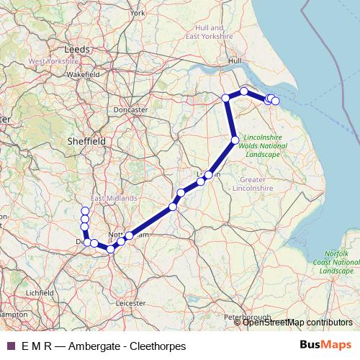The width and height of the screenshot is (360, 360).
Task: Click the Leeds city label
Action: tap(76, 49)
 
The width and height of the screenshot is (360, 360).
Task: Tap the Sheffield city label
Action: tap(86, 141)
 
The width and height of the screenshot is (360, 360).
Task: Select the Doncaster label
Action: tap(130, 109)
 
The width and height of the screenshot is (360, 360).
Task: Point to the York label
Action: tap(138, 13)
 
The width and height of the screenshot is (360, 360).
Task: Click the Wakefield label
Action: tap(84, 74)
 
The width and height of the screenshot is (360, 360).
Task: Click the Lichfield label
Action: tap(39, 293)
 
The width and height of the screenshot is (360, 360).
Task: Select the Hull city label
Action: tap(235, 61)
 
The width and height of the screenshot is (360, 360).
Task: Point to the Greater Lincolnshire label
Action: tap(253, 184)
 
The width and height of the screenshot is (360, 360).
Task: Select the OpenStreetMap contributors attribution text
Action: tap(297, 323)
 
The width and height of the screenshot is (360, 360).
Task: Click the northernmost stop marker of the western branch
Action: tap(85, 211)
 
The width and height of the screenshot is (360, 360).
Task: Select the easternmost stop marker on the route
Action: tap(275, 101)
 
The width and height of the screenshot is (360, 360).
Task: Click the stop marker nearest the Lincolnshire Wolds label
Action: tap(235, 140)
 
